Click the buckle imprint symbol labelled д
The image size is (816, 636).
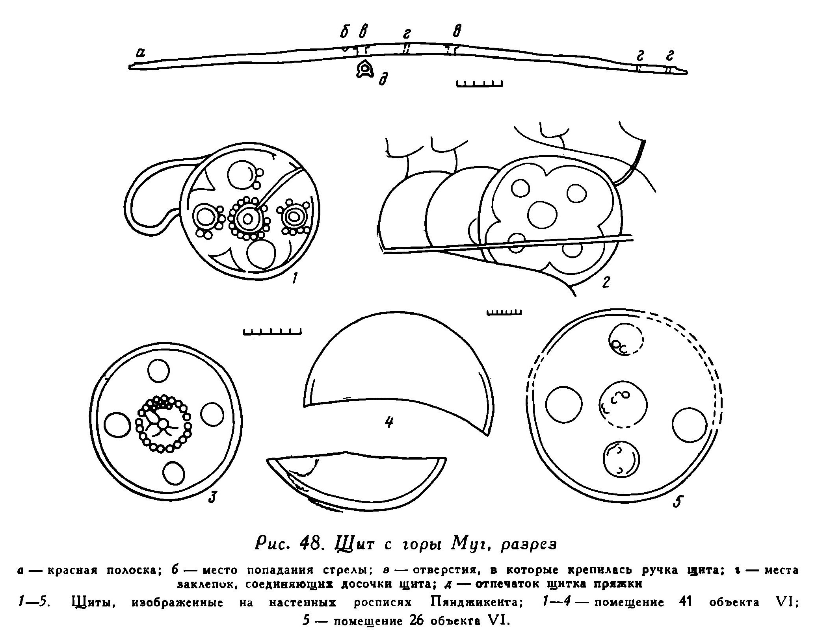tap(365, 70)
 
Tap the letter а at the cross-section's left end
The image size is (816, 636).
tap(140, 52)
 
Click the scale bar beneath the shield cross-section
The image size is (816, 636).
tap(480, 83)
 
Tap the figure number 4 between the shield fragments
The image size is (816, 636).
tap(389, 422)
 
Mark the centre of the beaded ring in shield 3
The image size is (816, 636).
tap(164, 423)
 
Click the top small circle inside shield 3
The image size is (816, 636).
tap(158, 371)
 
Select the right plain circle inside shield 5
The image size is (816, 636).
tap(690, 426)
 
